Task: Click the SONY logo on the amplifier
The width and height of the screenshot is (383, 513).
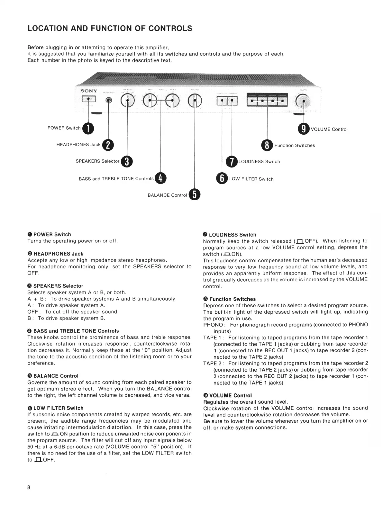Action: (89, 91)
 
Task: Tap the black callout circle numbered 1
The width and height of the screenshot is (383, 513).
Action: (88, 128)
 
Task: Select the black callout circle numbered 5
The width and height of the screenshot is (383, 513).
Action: (195, 194)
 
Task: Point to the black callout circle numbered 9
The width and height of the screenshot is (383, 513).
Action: (304, 129)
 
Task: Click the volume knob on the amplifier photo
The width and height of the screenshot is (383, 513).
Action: (303, 102)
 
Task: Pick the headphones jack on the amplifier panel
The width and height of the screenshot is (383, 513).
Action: (109, 101)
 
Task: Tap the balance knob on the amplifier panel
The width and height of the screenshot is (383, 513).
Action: (195, 101)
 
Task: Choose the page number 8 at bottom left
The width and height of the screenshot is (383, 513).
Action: (29, 487)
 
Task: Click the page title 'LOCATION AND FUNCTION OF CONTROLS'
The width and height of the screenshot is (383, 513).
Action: (110, 29)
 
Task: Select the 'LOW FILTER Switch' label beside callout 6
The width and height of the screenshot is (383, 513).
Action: (251, 179)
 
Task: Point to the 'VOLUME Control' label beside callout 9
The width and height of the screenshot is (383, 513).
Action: (329, 129)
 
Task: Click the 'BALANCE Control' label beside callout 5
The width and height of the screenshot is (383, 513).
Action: (167, 195)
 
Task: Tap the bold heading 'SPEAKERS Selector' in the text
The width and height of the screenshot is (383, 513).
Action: (58, 286)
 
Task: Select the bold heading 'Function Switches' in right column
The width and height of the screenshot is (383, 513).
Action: (233, 299)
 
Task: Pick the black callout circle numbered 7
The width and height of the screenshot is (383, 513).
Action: (232, 161)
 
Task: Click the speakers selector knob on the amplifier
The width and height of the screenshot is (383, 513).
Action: (128, 101)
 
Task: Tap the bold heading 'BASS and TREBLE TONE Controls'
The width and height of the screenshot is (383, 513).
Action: (76, 331)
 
